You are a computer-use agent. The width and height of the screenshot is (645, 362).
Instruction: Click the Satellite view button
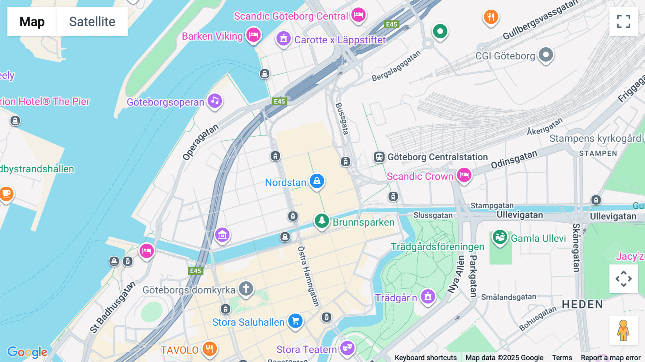[92, 22]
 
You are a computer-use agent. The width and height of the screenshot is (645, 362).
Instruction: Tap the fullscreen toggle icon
[623, 22]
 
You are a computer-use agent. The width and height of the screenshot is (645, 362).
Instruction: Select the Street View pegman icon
[623, 330]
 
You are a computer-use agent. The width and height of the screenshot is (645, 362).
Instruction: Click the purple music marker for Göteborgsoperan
[215, 101]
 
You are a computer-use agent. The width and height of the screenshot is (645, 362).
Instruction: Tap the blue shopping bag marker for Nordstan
[317, 181]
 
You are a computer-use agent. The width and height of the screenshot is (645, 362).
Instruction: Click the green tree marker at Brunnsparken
[321, 221]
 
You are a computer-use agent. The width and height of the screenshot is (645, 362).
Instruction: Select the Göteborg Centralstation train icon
[379, 157]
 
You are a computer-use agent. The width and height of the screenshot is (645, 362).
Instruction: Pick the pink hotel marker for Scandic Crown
[464, 175]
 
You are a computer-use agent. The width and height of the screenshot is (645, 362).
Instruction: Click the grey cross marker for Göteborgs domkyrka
[246, 289]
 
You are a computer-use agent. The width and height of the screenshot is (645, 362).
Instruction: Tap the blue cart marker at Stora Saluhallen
[295, 321]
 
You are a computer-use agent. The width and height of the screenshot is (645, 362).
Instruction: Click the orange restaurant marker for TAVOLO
[210, 348]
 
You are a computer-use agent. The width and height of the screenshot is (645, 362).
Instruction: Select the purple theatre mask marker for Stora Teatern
[347, 347]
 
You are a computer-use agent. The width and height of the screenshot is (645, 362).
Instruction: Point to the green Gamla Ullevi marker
[500, 237]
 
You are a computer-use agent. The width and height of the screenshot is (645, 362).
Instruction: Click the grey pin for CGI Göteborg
[546, 55]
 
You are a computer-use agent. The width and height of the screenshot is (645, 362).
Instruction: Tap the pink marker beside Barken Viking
[253, 35]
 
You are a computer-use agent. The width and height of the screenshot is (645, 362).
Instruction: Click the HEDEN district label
[582, 305]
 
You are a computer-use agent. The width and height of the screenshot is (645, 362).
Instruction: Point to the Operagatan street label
[200, 142]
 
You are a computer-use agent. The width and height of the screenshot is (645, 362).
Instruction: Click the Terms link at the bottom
[562, 357]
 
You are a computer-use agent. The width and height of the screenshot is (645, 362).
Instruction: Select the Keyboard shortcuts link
[425, 357]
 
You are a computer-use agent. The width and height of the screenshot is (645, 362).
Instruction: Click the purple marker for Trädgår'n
[428, 296]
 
